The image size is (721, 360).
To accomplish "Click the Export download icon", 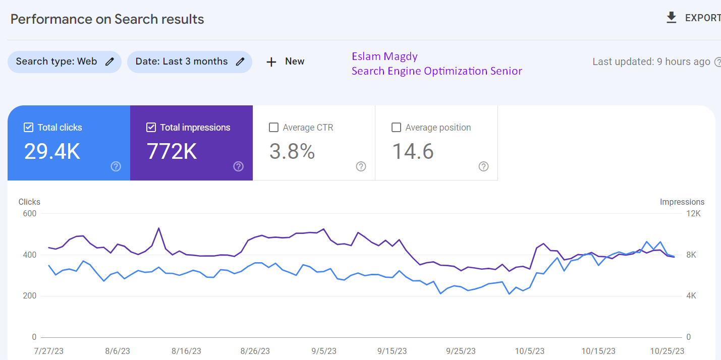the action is pos(671,18).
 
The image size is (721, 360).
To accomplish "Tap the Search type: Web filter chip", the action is pos(65,62).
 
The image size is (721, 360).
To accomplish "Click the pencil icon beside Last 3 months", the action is pos(240,62).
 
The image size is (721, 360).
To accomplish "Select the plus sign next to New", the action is pos(271,62).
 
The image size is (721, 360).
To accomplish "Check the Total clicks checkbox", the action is pos(28,128).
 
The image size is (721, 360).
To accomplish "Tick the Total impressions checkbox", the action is pos(151,128).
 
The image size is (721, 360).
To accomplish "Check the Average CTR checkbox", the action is pos(273,128).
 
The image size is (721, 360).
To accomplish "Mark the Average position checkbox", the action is pos(396,128).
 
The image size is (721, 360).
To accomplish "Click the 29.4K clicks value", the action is pos(52,152).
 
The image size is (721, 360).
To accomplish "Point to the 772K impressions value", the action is pos(172,152).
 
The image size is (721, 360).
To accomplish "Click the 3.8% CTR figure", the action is pos(292,152).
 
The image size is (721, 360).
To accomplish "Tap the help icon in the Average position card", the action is pos(483,166).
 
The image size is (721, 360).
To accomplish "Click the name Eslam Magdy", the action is pos(384,56).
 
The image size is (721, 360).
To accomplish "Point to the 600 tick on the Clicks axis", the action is pos(30,214).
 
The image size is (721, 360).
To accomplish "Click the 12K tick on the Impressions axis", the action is pos(693,214).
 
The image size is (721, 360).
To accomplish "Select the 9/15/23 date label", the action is pos(392,351).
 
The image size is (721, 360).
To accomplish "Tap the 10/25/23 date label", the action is pos(667,351).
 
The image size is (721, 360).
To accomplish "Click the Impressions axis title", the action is pos(682,202).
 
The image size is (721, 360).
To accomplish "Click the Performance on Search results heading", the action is pos(107,19).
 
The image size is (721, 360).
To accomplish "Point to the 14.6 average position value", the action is pos(413,152).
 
